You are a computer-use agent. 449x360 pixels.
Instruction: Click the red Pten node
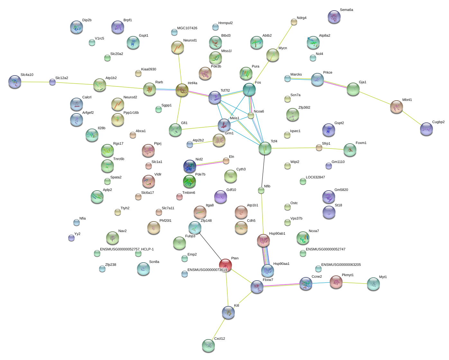click(x=225, y=265)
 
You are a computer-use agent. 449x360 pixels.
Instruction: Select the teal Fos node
click(x=249, y=89)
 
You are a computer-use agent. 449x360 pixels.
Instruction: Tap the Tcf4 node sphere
click(x=265, y=148)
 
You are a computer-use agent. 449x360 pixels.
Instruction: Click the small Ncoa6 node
click(x=251, y=115)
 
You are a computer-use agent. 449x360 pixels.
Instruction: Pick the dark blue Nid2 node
click(x=190, y=166)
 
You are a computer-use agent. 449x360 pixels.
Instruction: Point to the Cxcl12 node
click(x=208, y=346)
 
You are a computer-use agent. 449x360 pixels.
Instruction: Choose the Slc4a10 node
click(x=15, y=82)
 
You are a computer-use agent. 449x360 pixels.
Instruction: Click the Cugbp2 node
click(x=426, y=129)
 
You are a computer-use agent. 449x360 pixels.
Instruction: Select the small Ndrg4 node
click(x=294, y=22)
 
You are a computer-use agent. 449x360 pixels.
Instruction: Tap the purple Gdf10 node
click(x=221, y=197)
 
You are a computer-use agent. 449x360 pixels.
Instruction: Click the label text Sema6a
click(x=346, y=10)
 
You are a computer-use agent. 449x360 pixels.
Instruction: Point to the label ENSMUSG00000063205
click(x=341, y=265)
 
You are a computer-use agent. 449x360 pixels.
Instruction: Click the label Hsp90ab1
click(x=277, y=234)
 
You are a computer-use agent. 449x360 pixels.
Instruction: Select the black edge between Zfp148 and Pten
click(x=210, y=246)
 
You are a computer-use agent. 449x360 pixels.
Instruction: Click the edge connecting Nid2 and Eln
click(x=209, y=164)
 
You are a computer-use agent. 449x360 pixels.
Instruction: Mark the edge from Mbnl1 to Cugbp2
click(x=412, y=118)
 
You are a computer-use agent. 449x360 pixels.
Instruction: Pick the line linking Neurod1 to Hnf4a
click(x=180, y=68)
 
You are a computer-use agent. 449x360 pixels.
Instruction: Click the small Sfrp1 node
click(x=319, y=148)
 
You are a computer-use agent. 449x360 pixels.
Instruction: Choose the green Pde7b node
click(x=189, y=181)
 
